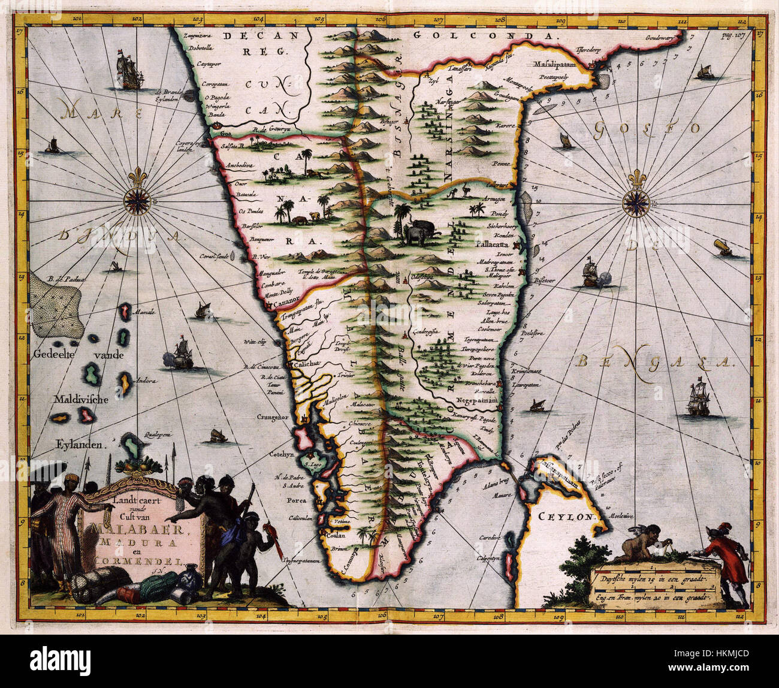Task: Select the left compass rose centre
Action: click(137, 200)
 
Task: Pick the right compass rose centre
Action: click(634, 201)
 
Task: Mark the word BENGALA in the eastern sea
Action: click(653, 361)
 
